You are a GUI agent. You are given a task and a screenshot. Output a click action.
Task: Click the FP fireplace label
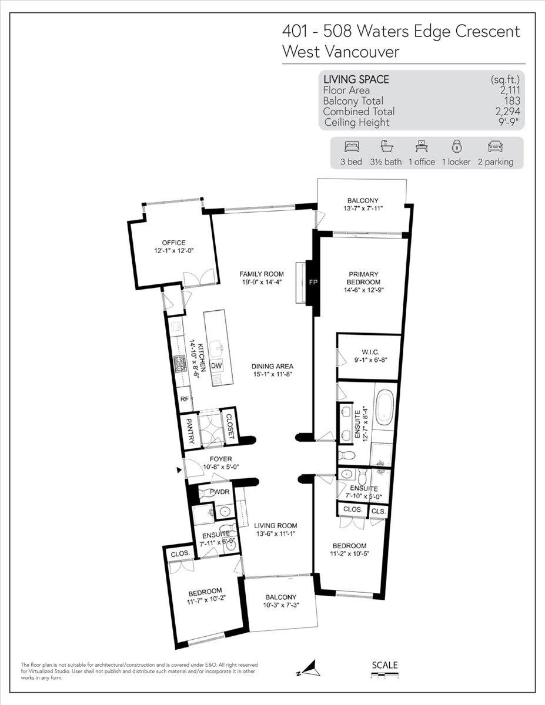[x=313, y=283]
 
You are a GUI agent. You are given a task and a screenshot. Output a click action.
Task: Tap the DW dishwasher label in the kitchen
[x=216, y=365]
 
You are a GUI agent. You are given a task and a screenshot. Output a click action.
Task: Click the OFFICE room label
[x=174, y=243]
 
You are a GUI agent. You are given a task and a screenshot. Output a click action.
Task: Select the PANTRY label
[x=190, y=428]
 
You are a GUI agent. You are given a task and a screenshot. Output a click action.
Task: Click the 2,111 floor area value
[x=509, y=90]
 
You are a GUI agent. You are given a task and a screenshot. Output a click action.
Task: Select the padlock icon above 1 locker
[x=456, y=147]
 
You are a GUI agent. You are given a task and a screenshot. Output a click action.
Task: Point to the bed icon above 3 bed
[x=350, y=147]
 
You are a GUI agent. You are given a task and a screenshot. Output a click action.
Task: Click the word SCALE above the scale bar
[x=384, y=665]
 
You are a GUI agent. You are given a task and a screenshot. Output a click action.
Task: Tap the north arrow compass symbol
[x=312, y=667]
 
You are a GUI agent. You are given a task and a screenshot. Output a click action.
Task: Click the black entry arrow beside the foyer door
[x=179, y=469]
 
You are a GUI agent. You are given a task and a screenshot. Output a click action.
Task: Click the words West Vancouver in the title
[x=340, y=51]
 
